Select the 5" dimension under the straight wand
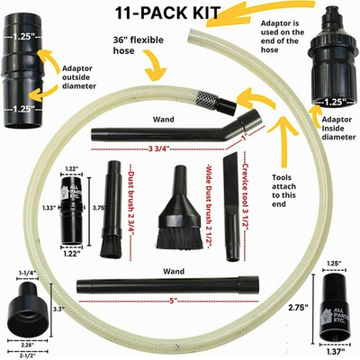pos(169,302)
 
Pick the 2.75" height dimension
pos(295,307)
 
